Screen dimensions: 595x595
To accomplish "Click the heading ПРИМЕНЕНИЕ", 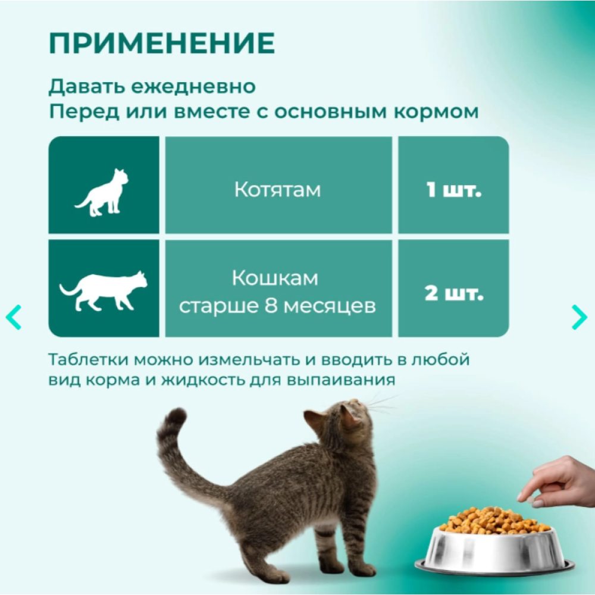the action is [x=162, y=43].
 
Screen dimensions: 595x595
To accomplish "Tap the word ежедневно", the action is [x=193, y=87].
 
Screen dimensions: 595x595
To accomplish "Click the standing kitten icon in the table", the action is [x=102, y=192].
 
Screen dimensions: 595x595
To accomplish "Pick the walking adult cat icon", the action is [x=103, y=291].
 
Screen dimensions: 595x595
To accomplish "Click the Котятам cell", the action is [x=278, y=185].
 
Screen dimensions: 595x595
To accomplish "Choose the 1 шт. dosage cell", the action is [x=453, y=185].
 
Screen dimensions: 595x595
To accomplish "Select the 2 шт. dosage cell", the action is [x=453, y=289].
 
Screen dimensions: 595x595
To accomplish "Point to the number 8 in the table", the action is [x=271, y=306].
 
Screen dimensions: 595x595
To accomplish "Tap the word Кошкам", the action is [x=275, y=278].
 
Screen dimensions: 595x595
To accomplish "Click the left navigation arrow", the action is [x=14, y=317].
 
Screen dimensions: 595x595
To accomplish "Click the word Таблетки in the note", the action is [x=89, y=359].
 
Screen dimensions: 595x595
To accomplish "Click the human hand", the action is [x=558, y=482].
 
